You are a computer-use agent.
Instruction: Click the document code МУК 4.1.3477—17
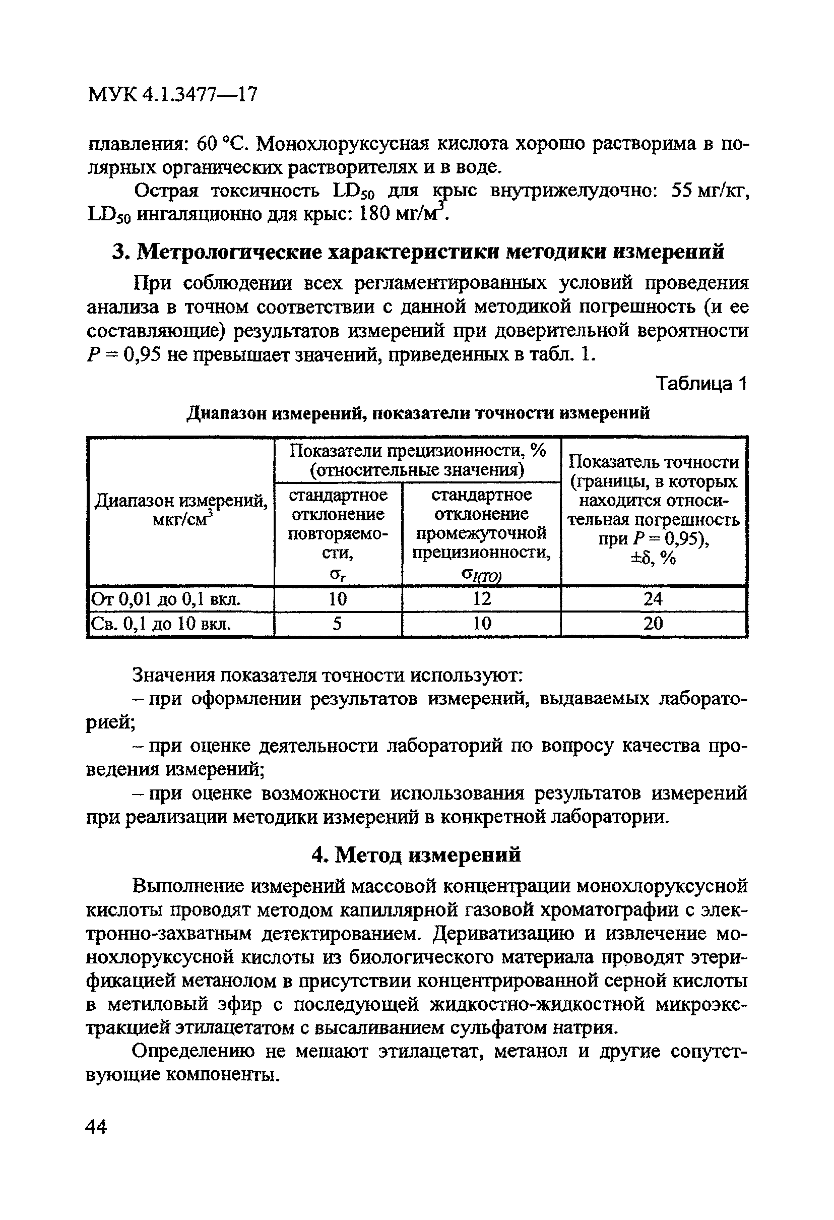coord(173,94)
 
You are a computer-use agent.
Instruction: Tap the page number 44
coord(97,1126)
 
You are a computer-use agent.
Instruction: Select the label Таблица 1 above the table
coord(700,384)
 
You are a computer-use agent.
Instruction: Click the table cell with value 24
coord(653,598)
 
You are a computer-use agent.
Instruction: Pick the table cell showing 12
coord(481,598)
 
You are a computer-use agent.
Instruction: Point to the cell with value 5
coord(338,624)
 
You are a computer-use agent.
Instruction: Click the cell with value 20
coord(653,624)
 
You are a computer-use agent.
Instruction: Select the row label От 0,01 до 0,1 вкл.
coord(166,599)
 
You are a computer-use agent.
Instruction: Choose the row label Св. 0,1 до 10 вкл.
coord(161,624)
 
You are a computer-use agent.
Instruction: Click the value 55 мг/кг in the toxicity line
coord(710,191)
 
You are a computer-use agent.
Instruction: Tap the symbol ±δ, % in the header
coord(653,559)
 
